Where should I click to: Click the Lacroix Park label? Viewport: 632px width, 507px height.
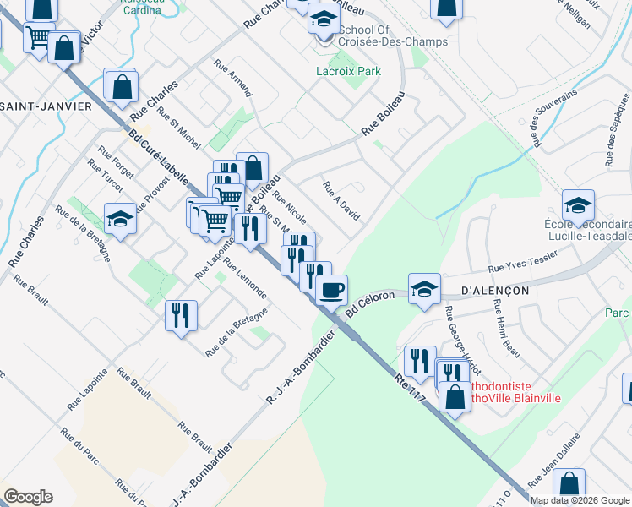pyautogui.click(x=349, y=72)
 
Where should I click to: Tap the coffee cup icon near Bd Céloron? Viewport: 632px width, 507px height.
pyautogui.click(x=331, y=289)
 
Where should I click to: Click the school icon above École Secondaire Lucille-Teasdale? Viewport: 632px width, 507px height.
pyautogui.click(x=578, y=204)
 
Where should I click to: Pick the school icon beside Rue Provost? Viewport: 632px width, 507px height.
pyautogui.click(x=121, y=218)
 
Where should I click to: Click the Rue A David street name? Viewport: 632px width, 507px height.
pyautogui.click(x=341, y=200)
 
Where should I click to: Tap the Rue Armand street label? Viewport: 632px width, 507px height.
pyautogui.click(x=232, y=76)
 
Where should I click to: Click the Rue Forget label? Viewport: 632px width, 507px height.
pyautogui.click(x=116, y=162)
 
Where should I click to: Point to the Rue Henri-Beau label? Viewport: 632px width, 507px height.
pyautogui.click(x=506, y=321)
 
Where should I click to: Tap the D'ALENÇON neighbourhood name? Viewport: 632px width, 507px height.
pyautogui.click(x=495, y=290)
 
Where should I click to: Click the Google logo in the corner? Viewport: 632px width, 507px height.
pyautogui.click(x=28, y=497)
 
